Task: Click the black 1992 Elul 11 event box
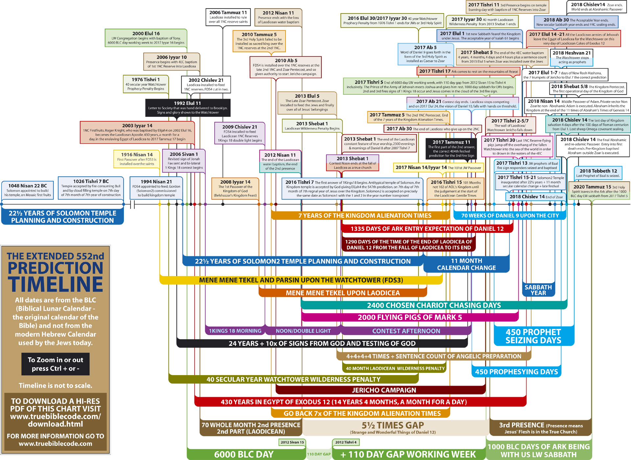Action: point(188,108)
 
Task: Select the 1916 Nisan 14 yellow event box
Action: point(137,159)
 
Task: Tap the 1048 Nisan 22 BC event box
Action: point(28,190)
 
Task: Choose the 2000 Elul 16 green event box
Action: point(146,38)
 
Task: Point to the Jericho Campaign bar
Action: point(384,390)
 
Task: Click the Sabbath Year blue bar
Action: point(538,290)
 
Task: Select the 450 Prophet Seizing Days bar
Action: point(533,336)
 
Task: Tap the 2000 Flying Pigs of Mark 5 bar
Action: point(409,318)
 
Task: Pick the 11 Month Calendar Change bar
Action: point(466,264)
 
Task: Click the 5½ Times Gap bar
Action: point(393,428)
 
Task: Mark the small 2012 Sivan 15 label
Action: point(292,442)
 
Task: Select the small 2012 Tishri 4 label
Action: point(346,442)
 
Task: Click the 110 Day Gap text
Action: point(319,454)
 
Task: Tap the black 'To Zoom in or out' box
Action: point(55,364)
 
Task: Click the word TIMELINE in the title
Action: point(55,284)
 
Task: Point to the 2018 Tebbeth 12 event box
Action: point(598,173)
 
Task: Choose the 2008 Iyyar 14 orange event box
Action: point(235,189)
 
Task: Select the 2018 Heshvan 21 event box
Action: point(572,57)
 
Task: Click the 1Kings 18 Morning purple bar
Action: point(235,331)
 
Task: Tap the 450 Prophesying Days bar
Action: point(516,372)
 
